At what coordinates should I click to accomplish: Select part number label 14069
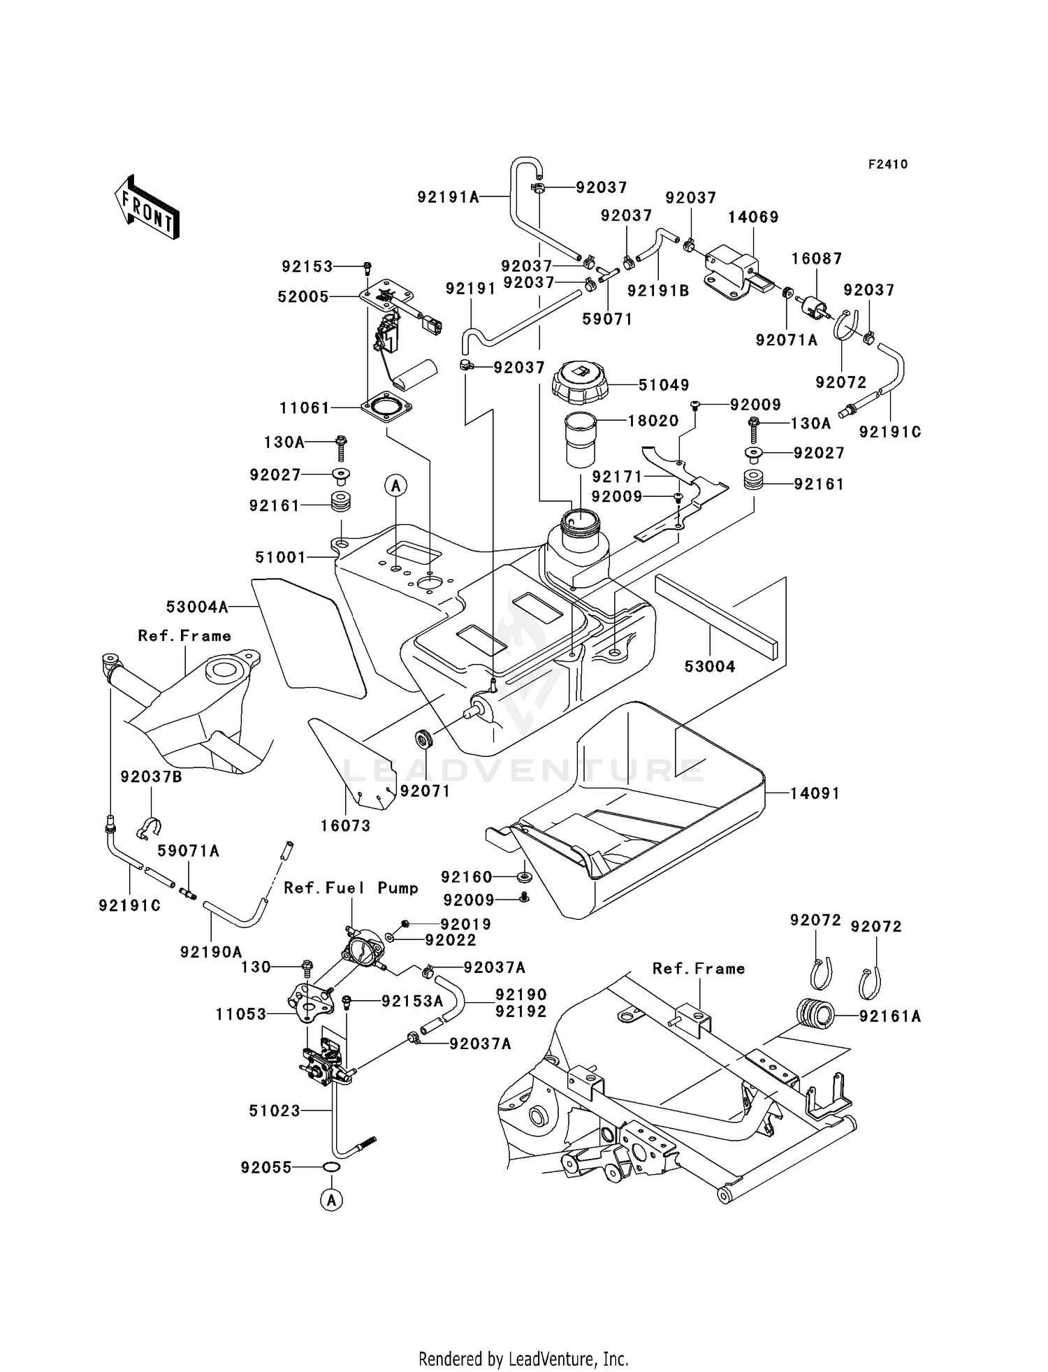point(753,217)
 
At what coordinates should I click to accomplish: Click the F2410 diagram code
point(888,164)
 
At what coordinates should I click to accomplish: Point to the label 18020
point(653,421)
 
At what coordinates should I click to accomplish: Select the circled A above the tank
point(396,485)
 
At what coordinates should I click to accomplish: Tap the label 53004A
point(197,607)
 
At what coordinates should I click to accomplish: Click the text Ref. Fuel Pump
point(351,888)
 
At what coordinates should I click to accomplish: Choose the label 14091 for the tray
point(815,793)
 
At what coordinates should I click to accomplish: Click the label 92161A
point(890,1017)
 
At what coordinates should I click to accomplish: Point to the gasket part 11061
point(386,406)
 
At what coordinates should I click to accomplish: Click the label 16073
point(345,825)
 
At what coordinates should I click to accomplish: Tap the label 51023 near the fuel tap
point(275,1111)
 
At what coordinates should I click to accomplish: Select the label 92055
point(266,1167)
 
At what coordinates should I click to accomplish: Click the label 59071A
point(188,851)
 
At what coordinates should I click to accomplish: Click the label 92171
point(616,477)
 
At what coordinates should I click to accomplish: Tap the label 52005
point(303,296)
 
